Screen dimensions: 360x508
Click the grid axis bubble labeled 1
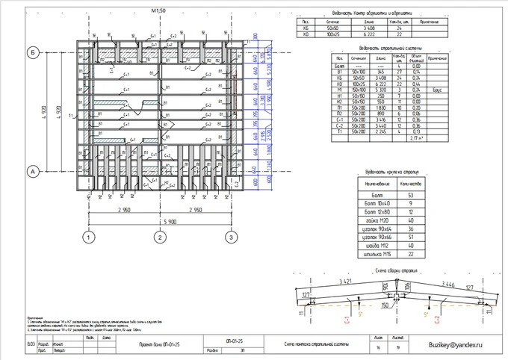click(88, 238)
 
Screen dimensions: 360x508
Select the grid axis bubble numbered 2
click(159, 238)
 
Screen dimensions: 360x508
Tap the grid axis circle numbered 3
click(231, 238)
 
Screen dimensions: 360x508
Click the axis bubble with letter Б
click(33, 53)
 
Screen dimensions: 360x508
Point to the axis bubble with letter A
click(33, 172)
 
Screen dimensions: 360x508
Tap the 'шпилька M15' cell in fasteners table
click(374, 254)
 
